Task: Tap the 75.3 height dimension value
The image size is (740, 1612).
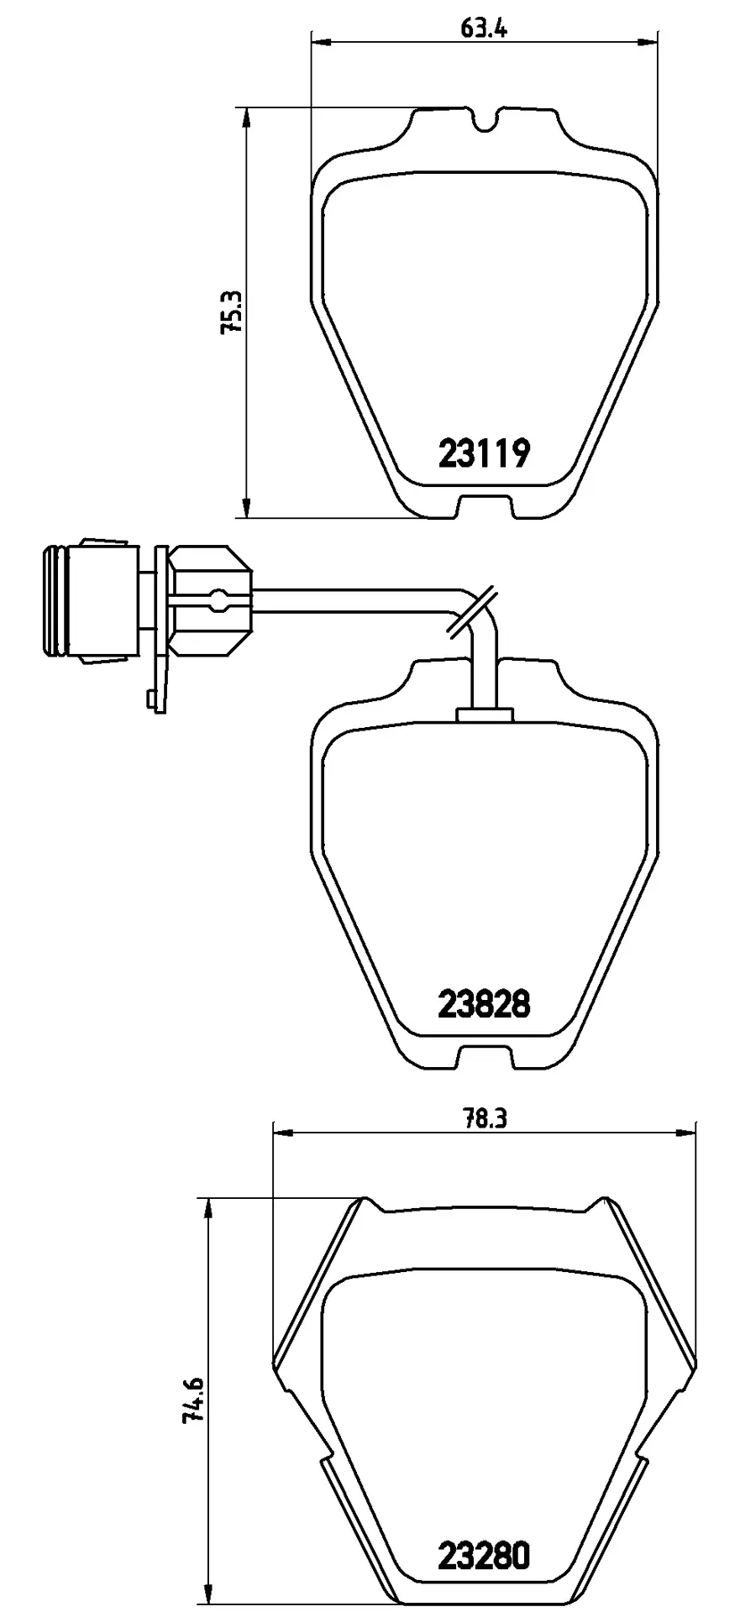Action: tap(231, 312)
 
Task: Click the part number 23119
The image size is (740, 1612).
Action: tap(485, 454)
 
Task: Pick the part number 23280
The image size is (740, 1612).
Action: tap(485, 1557)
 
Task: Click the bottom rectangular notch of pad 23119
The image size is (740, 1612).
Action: tap(485, 507)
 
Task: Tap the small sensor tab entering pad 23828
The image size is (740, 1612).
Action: tap(484, 714)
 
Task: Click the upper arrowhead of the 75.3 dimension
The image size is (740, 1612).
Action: tap(246, 117)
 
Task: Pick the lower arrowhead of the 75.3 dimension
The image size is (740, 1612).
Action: tap(246, 509)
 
